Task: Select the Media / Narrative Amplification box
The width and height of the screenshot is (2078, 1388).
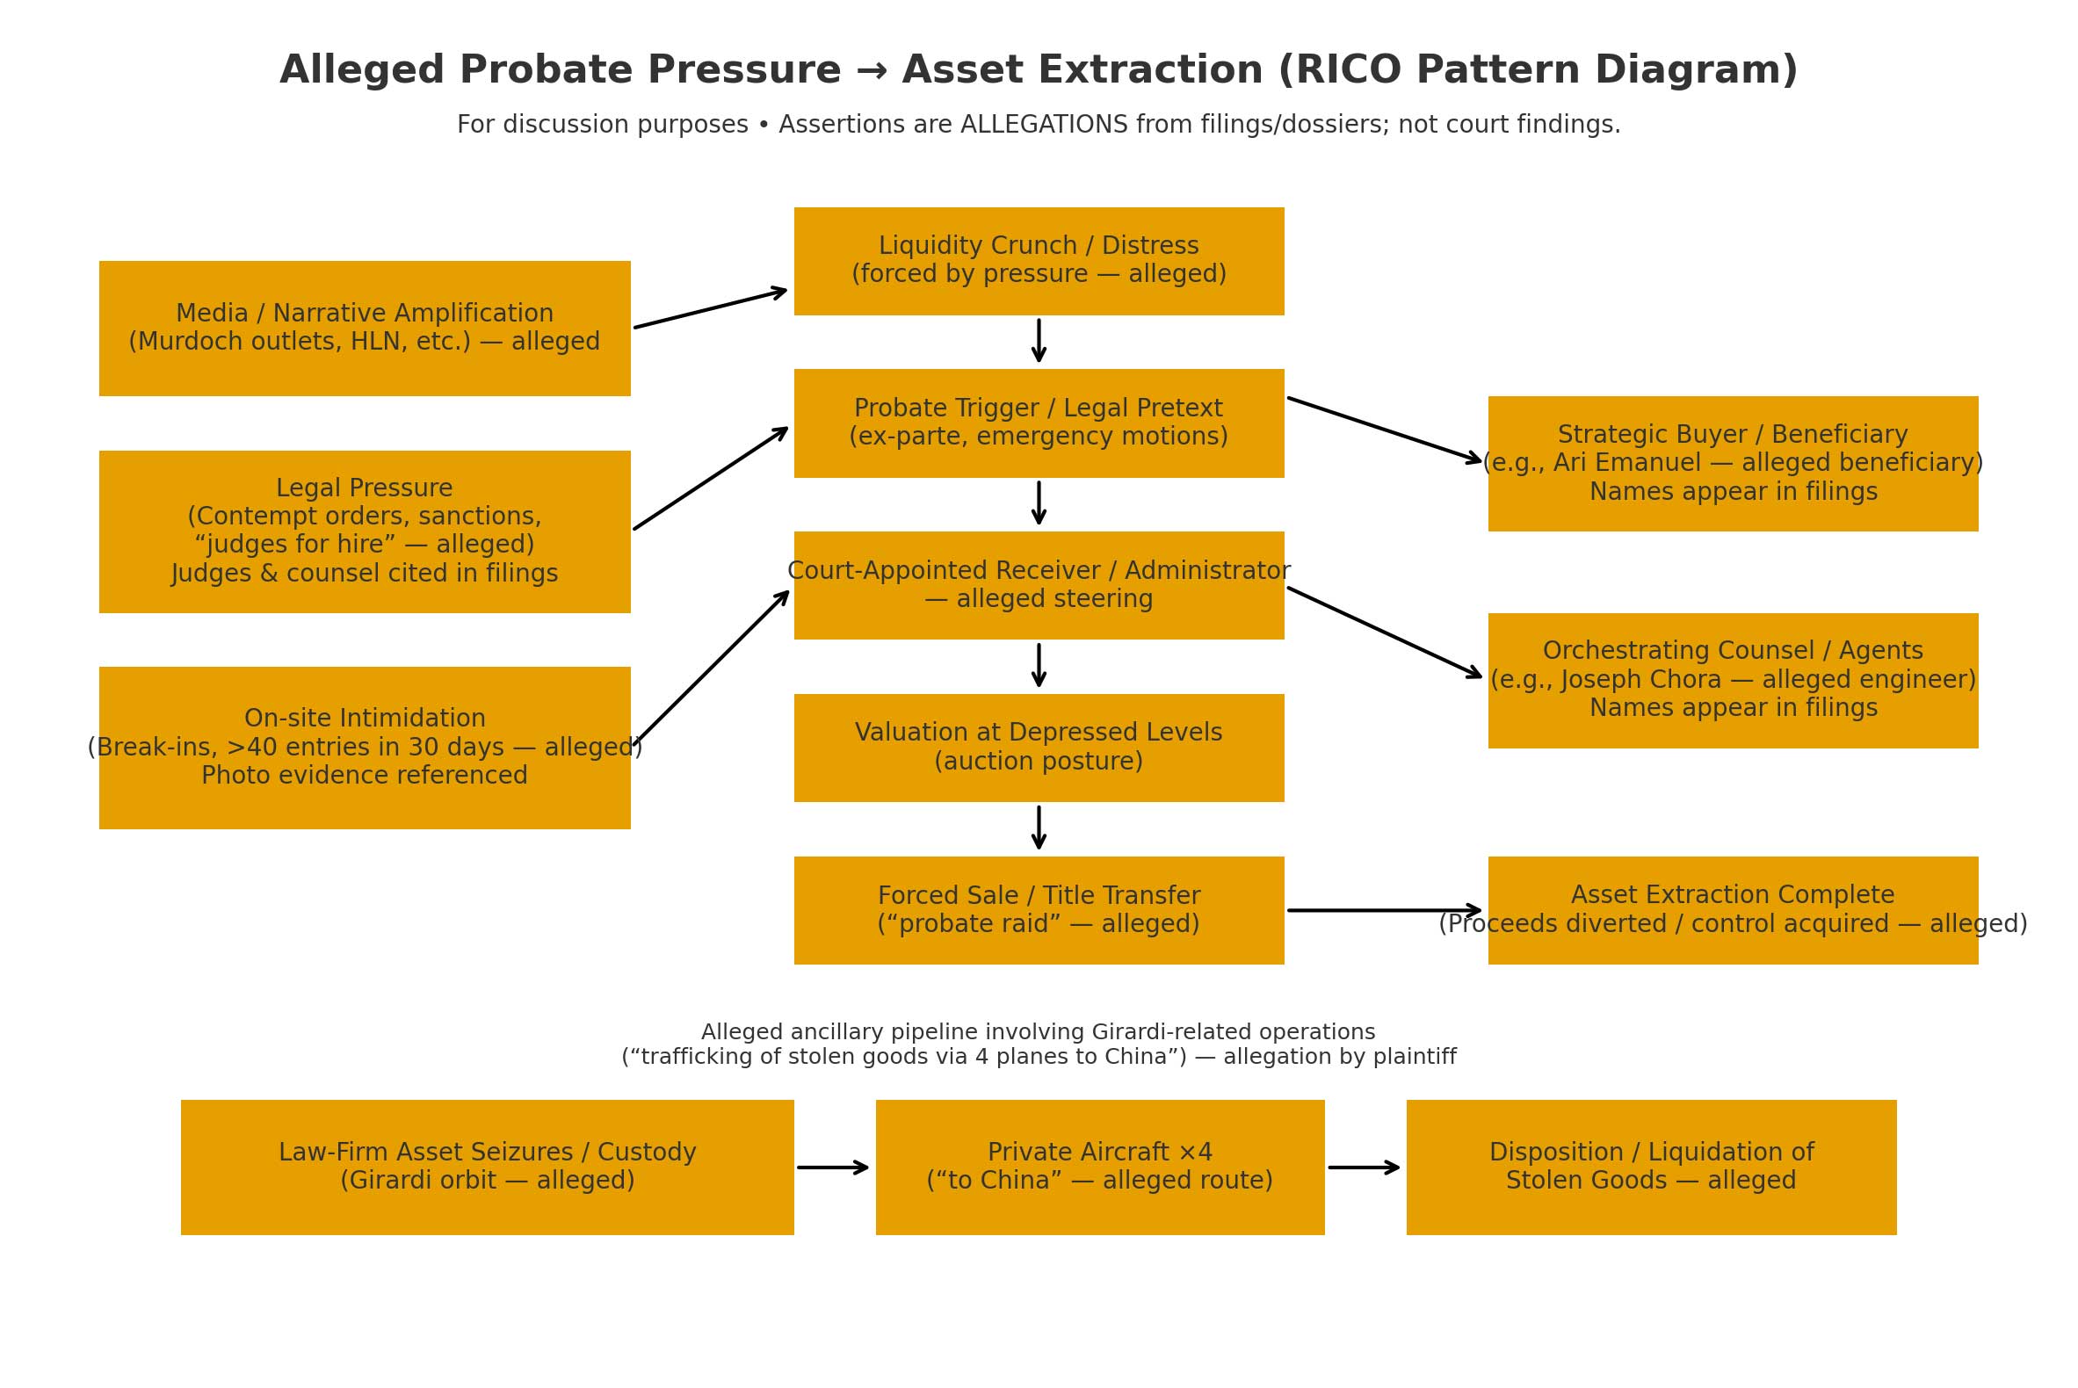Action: pyautogui.click(x=364, y=329)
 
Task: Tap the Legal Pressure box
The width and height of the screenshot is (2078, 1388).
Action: pyautogui.click(x=364, y=531)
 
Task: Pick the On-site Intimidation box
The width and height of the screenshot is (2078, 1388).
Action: pyautogui.click(x=364, y=747)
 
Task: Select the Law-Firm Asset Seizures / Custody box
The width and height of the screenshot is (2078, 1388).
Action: pyautogui.click(x=487, y=1167)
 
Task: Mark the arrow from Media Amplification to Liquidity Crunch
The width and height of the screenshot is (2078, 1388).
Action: pyautogui.click(x=710, y=308)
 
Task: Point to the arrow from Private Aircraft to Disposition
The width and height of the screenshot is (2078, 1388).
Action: pyautogui.click(x=1364, y=1167)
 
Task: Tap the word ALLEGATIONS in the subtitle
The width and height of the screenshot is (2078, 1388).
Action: pyautogui.click(x=1043, y=125)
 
